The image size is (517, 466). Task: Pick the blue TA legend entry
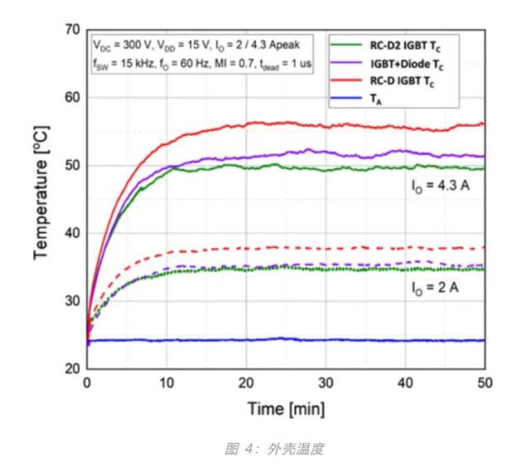tap(378, 100)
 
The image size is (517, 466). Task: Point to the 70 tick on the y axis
tap(73, 31)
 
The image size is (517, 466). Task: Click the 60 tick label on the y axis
tap(73, 98)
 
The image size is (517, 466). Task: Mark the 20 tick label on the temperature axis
tap(73, 369)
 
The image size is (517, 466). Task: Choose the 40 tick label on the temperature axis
tap(73, 234)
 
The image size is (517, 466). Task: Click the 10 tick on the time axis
tap(167, 384)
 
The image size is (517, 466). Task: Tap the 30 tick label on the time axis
tap(326, 384)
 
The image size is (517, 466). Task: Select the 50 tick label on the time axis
tap(485, 384)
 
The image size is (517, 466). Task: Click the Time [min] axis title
tap(286, 410)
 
